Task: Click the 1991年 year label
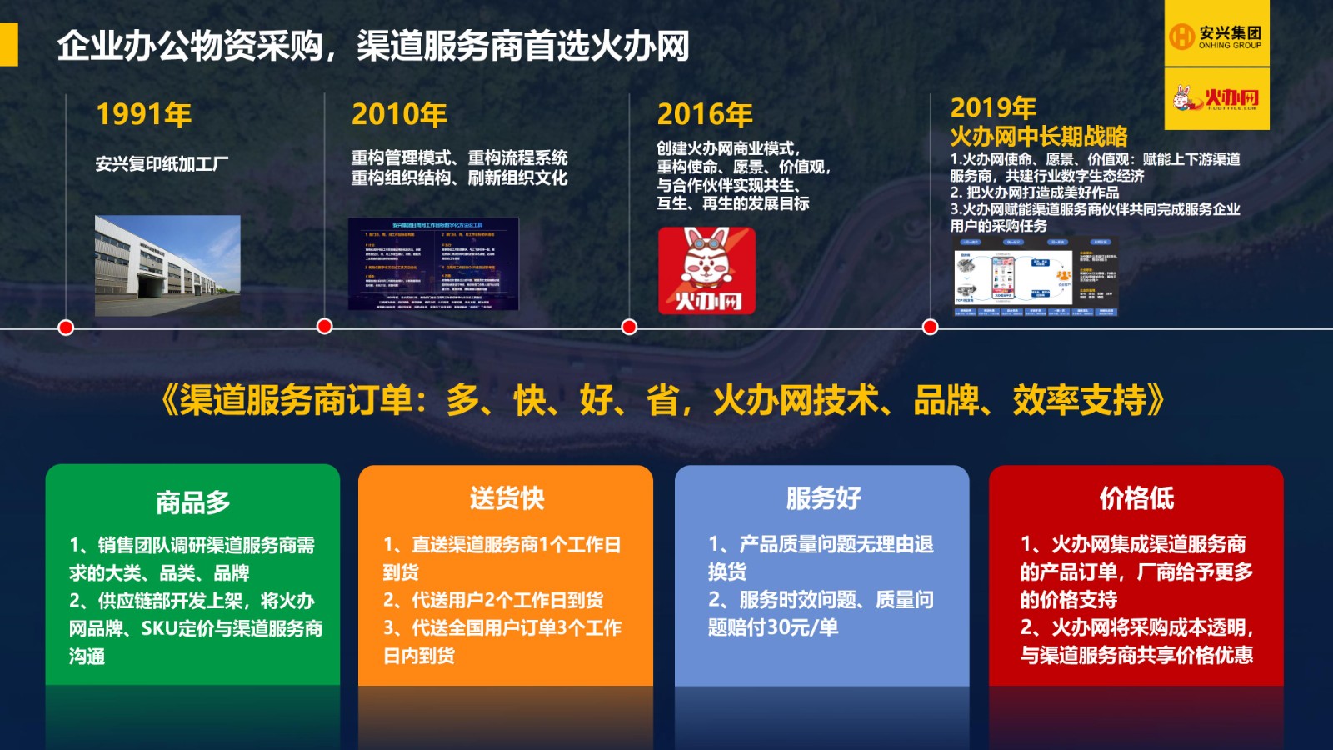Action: (x=144, y=114)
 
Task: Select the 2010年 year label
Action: (x=400, y=114)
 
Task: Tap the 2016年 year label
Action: (x=705, y=114)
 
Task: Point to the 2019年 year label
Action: (x=993, y=107)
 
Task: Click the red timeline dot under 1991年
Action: (x=66, y=327)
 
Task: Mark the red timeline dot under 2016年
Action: (x=629, y=327)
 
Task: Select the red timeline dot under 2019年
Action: (x=931, y=327)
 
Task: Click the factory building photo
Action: (x=167, y=265)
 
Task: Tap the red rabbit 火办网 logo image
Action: (x=706, y=271)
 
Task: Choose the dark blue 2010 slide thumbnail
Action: (x=433, y=264)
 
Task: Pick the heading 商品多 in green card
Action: (x=192, y=502)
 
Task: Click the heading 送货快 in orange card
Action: (x=507, y=498)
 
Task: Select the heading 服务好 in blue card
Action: (x=823, y=498)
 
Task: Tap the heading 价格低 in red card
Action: (x=1136, y=498)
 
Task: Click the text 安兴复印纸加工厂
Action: (x=162, y=163)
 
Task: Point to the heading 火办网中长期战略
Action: (x=1039, y=136)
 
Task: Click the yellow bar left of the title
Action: (x=8, y=44)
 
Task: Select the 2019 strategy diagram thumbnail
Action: (x=1036, y=276)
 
